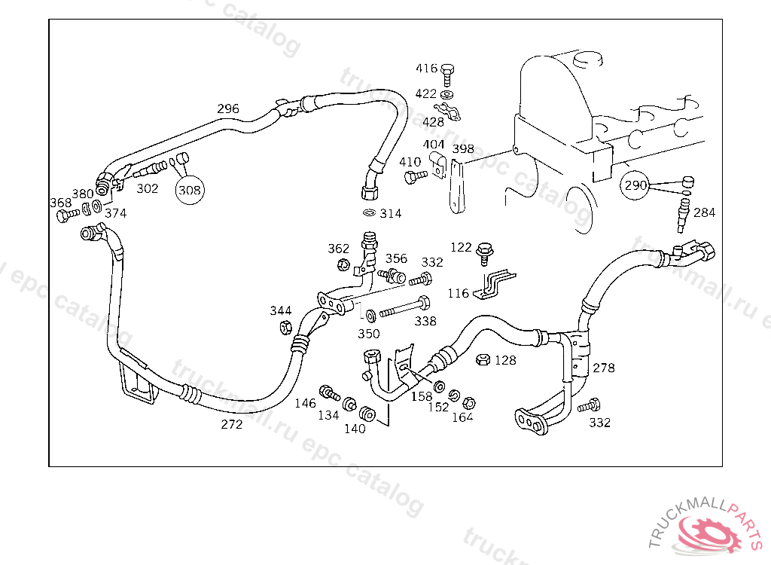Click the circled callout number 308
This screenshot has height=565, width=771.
point(190,191)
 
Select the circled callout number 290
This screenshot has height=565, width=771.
point(636,185)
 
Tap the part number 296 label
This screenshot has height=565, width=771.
point(228,108)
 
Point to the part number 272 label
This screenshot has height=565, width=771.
point(232,424)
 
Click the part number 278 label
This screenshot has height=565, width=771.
point(604,368)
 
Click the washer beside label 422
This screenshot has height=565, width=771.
point(447,94)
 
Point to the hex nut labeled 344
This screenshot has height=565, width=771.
point(286,327)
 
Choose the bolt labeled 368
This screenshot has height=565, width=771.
point(65,215)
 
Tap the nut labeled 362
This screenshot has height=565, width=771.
point(343,264)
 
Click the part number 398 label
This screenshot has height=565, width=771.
point(462,148)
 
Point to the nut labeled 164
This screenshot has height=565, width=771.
point(467,402)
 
